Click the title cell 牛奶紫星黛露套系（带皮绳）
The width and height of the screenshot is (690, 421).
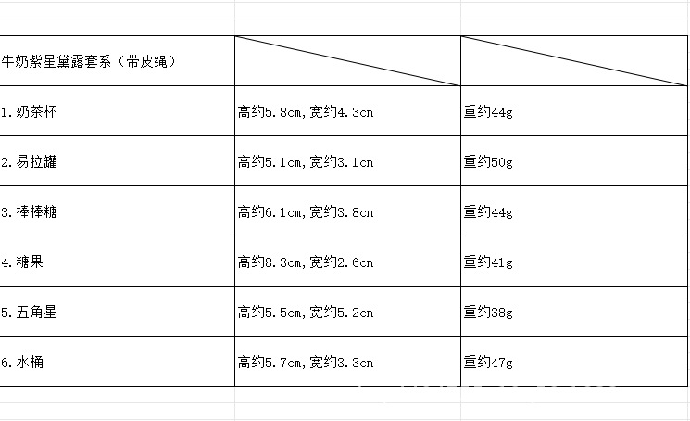click(x=89, y=62)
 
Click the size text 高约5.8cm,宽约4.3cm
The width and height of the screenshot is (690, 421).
click(x=305, y=112)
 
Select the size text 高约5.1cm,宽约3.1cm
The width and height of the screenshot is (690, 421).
click(x=305, y=162)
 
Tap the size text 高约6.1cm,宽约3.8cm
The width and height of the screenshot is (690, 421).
click(x=305, y=212)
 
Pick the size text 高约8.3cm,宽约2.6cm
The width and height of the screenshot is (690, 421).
click(x=305, y=262)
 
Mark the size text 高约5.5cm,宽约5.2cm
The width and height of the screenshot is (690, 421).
click(x=305, y=313)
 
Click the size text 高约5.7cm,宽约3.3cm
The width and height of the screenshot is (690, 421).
click(x=305, y=363)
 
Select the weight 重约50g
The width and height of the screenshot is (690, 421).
click(x=488, y=162)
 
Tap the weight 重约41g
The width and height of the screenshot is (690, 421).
click(x=488, y=262)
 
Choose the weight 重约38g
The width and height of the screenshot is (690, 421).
click(x=488, y=313)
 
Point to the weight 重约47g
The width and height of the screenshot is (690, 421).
click(x=488, y=363)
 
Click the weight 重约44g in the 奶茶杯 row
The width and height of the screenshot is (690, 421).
click(x=488, y=112)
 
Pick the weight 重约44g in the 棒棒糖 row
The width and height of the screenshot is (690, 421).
click(x=488, y=212)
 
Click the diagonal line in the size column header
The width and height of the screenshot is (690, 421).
click(x=347, y=61)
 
